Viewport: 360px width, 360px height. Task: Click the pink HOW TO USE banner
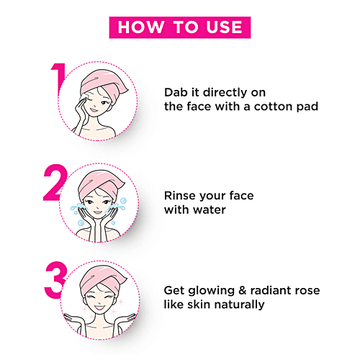coord(179,27)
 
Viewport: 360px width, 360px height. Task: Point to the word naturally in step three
coord(239,305)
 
